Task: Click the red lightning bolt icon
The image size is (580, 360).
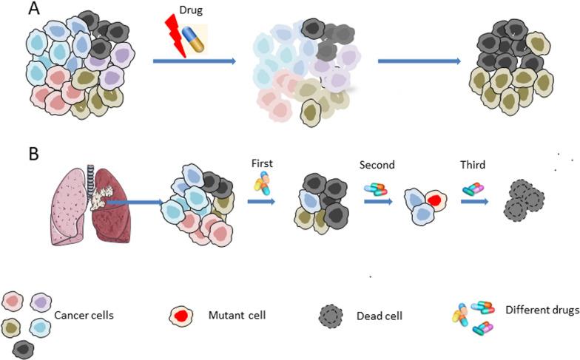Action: point(174,37)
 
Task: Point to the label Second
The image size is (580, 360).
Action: point(377,166)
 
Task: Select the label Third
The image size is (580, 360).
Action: point(473,166)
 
